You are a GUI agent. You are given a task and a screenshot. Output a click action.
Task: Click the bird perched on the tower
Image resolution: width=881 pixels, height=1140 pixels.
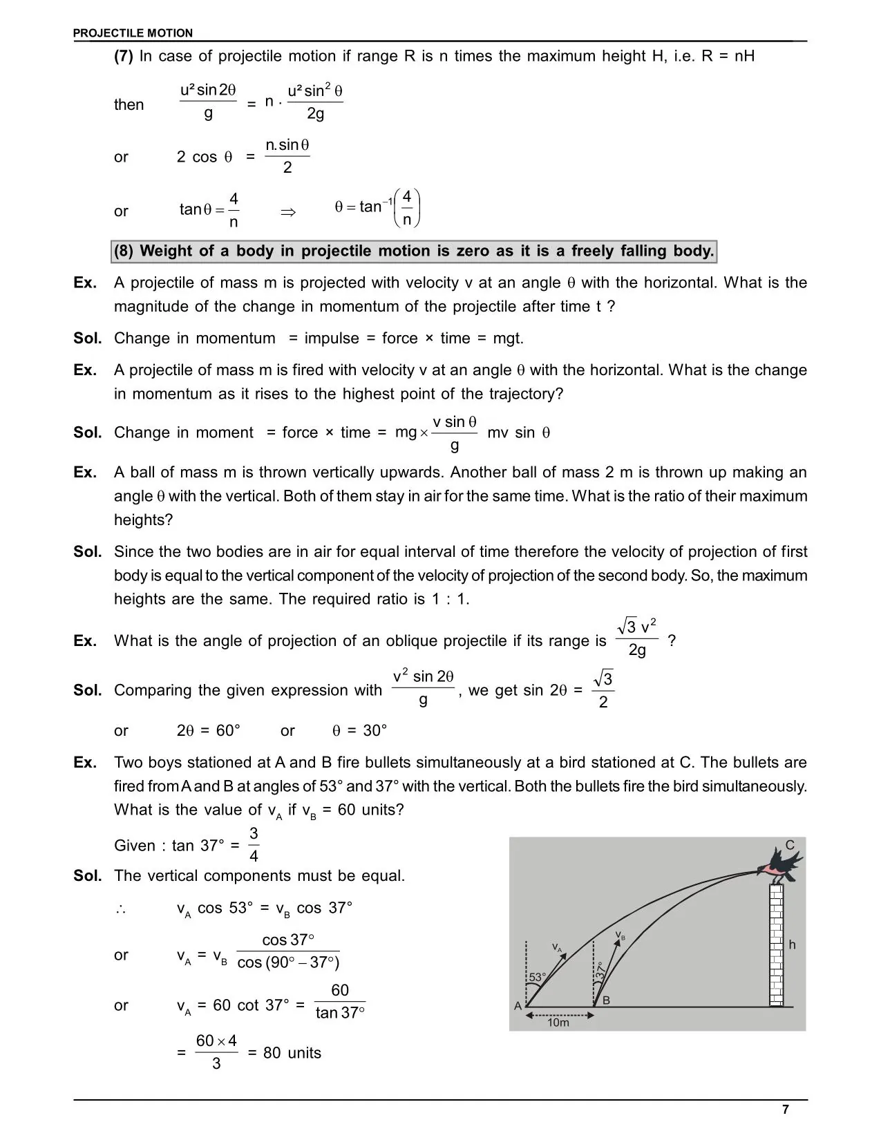click(781, 866)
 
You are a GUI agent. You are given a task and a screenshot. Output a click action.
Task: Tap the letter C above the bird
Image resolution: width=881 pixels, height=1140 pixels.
click(790, 845)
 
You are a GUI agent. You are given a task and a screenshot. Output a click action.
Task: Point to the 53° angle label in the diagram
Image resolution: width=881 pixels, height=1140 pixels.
click(537, 977)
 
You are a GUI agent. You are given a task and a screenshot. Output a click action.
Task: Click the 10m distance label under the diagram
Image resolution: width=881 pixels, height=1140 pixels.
click(558, 1023)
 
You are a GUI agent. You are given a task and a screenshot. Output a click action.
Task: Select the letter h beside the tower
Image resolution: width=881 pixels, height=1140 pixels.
click(792, 944)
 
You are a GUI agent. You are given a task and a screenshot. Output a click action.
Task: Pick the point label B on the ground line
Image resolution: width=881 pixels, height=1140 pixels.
click(606, 1000)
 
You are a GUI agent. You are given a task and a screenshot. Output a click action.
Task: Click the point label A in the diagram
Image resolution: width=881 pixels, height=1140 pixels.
click(518, 1006)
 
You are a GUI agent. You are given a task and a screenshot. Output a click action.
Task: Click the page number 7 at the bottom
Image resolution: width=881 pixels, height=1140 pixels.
click(785, 1110)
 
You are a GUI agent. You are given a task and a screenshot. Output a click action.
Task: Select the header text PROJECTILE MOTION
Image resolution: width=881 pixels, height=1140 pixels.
click(133, 32)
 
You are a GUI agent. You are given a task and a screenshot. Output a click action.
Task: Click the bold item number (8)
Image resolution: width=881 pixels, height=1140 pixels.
click(124, 251)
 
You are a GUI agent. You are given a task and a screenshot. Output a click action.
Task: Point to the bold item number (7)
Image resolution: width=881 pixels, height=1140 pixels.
click(124, 57)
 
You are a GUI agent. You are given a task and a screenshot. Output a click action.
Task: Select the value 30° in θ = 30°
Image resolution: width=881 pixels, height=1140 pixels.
click(375, 730)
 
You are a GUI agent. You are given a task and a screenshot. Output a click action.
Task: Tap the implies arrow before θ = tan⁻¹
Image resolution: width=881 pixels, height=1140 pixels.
click(288, 212)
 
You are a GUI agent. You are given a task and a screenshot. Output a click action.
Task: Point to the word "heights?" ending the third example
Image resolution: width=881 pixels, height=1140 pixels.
click(143, 520)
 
